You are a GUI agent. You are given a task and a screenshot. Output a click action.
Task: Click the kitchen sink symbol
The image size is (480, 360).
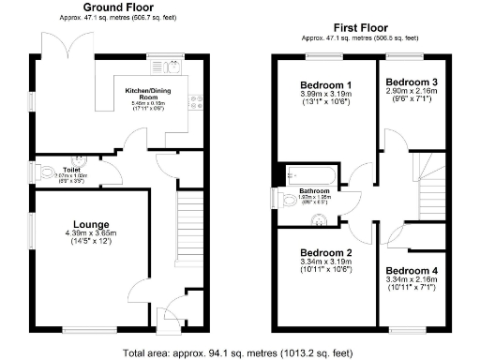172,67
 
